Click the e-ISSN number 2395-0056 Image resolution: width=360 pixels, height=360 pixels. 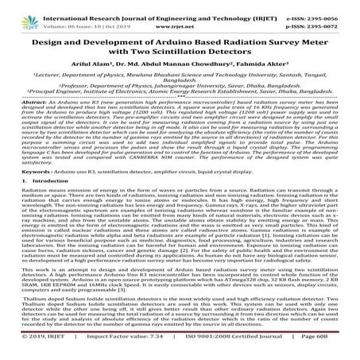(x=333, y=6)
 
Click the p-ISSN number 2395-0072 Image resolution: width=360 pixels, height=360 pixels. (x=333, y=15)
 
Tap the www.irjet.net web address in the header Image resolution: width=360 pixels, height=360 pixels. (x=180, y=15)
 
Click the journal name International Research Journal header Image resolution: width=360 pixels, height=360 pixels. (x=119, y=6)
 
